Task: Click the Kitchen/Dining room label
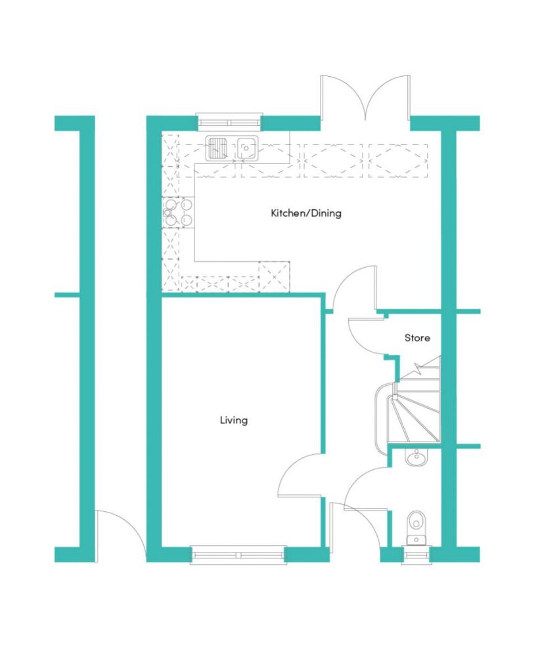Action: click(306, 213)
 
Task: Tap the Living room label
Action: click(234, 421)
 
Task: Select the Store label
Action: click(417, 338)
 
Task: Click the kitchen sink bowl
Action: click(246, 148)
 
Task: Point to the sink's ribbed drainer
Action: click(218, 148)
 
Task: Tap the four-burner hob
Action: click(177, 212)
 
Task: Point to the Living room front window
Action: click(238, 555)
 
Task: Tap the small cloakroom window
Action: click(416, 555)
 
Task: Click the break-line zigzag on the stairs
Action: click(417, 367)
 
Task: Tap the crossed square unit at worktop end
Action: click(275, 276)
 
